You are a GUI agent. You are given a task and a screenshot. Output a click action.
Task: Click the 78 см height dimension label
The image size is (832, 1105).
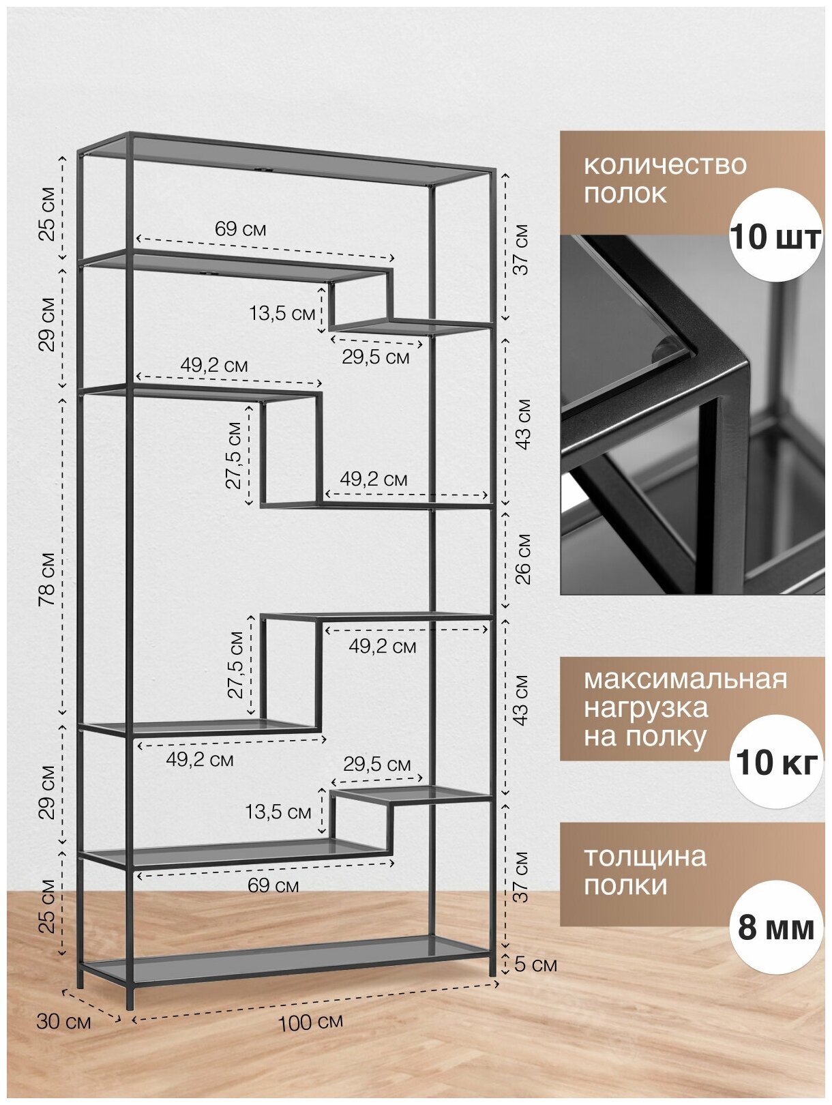click(47, 579)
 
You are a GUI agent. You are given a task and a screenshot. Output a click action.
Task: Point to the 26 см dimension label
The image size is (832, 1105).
click(522, 559)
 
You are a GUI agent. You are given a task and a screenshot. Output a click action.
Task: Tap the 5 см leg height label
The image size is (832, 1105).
click(536, 964)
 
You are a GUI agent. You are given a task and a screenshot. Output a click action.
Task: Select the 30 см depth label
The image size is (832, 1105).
click(63, 1021)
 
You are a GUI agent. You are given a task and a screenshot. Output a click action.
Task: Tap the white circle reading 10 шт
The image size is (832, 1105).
click(775, 236)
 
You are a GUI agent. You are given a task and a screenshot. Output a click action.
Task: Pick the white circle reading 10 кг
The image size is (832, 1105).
click(775, 761)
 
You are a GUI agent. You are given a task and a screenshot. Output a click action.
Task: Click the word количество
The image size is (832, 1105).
click(665, 165)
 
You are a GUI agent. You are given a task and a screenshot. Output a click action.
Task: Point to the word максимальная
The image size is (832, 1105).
click(685, 679)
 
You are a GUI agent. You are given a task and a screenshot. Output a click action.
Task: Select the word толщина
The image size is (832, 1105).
click(644, 857)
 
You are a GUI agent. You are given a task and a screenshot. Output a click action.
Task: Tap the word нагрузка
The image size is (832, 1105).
click(645, 708)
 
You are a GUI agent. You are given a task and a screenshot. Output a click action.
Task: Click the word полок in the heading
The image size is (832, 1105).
click(625, 194)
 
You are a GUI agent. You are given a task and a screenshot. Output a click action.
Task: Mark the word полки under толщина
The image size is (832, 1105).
click(625, 885)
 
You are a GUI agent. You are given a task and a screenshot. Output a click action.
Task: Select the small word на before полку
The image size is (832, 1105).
click(600, 737)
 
